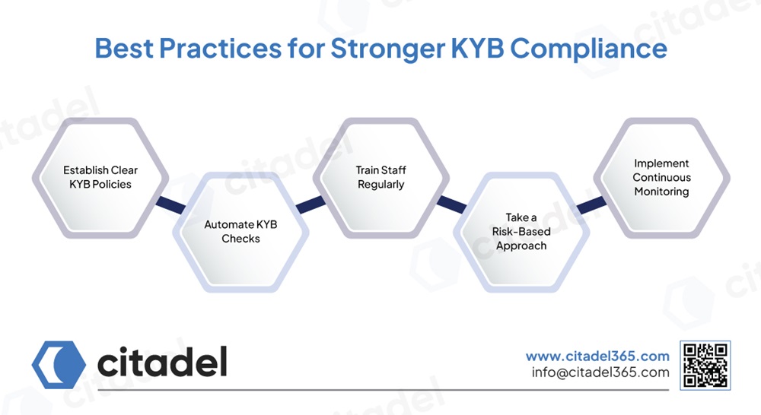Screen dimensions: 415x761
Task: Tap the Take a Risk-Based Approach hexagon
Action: point(521,232)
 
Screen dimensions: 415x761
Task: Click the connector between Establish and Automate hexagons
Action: point(170,204)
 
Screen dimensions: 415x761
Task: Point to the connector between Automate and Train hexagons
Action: point(310,204)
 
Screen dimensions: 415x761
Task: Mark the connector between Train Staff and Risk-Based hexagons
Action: point(451,204)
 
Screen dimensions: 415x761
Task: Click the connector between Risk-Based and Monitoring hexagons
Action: point(591,204)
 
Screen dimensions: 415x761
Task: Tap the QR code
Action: point(705,365)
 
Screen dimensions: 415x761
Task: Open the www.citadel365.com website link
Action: point(597,356)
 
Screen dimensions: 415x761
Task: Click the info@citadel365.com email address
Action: point(600,372)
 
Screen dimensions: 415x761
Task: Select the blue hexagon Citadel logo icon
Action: point(59,363)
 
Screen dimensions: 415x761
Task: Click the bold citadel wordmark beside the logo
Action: point(162,363)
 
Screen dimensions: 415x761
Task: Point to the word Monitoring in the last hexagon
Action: point(661,192)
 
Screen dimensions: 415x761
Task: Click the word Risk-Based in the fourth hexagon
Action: point(522,232)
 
